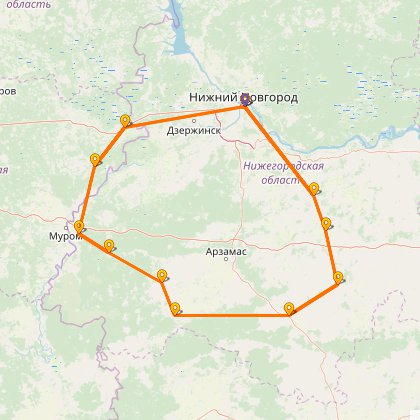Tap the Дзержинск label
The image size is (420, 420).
tap(193, 130)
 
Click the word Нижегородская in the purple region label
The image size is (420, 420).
tap(284, 166)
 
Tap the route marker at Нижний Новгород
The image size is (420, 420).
tap(245, 99)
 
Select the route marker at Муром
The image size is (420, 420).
tap(79, 228)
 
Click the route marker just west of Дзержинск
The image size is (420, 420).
tap(125, 121)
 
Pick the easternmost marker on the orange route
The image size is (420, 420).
tap(339, 277)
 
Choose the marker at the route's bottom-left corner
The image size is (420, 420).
tap(176, 308)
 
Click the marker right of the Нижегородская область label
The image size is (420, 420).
tap(315, 188)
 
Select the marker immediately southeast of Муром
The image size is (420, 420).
tap(108, 245)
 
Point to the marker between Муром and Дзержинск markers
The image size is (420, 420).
tap(95, 159)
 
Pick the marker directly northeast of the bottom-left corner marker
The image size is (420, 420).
tap(162, 274)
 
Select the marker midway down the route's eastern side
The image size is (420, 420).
tap(326, 224)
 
